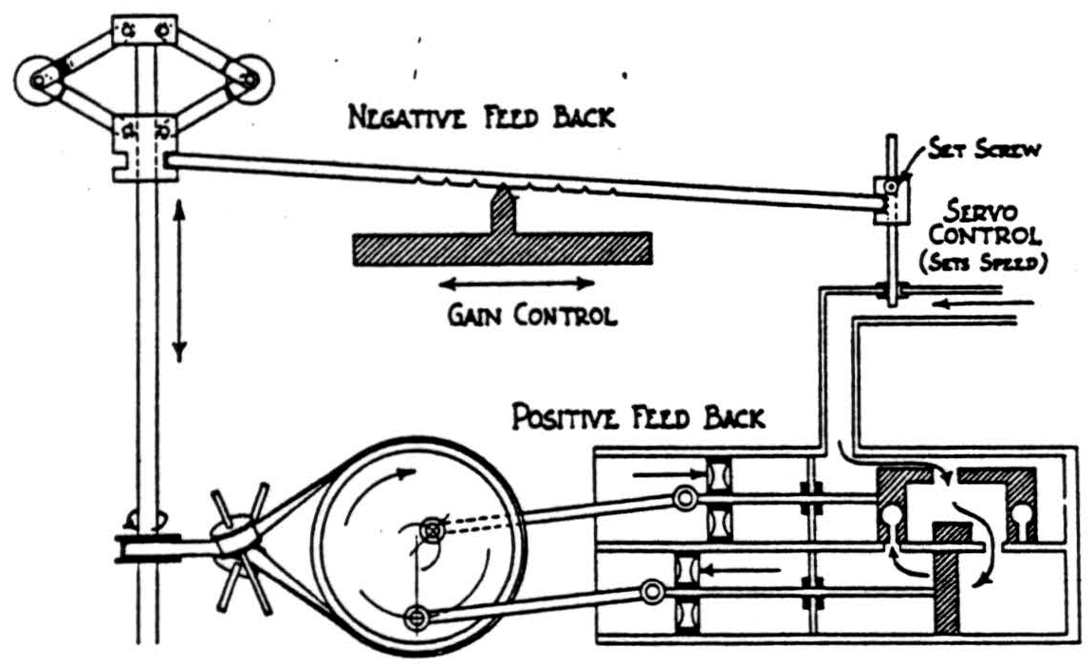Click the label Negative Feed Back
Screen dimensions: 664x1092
point(481,120)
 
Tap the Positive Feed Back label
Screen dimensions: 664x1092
point(638,417)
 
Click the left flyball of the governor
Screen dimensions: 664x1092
point(41,81)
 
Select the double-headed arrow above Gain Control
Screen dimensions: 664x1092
point(517,282)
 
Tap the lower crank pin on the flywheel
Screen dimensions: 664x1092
point(415,618)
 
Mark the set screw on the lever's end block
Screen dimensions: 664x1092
point(891,188)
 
